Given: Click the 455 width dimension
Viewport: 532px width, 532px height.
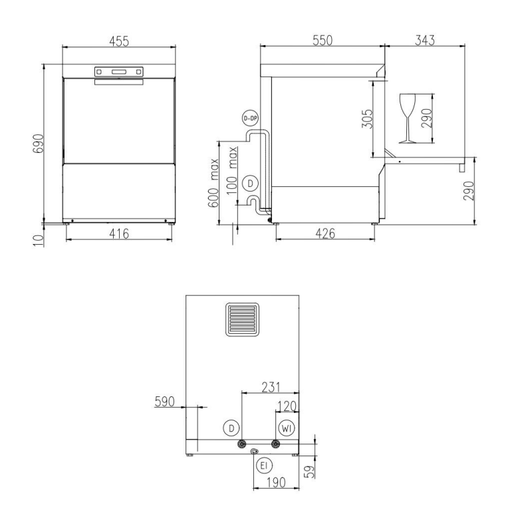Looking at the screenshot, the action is (x=119, y=41).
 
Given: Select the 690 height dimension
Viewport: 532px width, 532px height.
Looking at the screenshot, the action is (x=38, y=144).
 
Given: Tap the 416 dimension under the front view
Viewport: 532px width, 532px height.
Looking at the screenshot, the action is (x=119, y=233).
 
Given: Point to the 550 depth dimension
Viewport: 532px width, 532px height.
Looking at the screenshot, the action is (x=323, y=40).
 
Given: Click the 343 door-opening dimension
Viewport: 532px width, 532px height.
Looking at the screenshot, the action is (x=424, y=40).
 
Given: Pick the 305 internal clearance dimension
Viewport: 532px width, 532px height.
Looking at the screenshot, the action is (x=367, y=119).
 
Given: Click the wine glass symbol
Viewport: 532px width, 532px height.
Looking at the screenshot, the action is (x=408, y=118).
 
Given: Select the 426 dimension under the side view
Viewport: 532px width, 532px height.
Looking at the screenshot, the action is (x=325, y=233).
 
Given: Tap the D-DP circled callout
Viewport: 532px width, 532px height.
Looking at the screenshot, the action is (x=251, y=118).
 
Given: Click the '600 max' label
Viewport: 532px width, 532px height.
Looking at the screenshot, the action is (x=213, y=182).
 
